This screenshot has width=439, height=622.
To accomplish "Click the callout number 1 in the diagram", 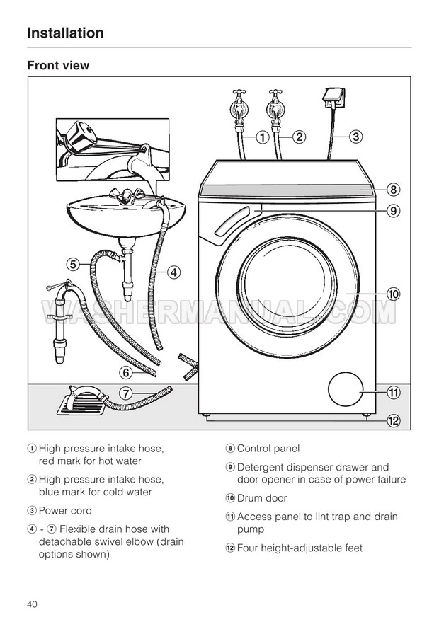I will [261, 137].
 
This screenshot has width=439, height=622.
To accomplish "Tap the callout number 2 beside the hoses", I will [299, 137].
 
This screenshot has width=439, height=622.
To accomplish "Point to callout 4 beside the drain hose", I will [173, 270].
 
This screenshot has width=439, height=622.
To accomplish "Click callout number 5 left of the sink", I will [73, 264].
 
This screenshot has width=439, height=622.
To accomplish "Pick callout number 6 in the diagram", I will [125, 372].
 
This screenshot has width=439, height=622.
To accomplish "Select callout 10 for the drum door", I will [394, 293].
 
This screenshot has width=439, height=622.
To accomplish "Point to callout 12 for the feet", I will [394, 420].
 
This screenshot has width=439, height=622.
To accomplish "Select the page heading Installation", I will [65, 33].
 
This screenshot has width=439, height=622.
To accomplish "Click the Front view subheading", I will [58, 65].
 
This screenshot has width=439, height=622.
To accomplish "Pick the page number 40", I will [33, 604].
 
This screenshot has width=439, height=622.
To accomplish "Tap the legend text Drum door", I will [262, 498].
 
